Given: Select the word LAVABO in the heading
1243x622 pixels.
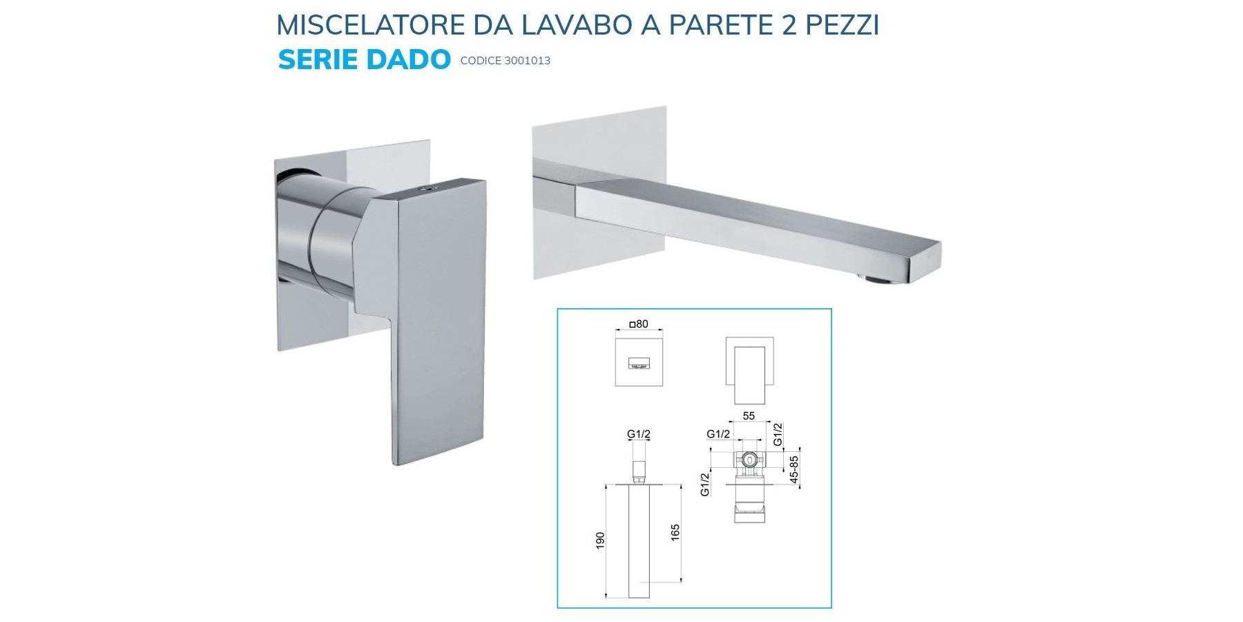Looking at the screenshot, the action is pos(577,25).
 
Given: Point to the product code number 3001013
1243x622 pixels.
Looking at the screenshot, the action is pos(528,61).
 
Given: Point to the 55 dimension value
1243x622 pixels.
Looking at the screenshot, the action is pos(749,416).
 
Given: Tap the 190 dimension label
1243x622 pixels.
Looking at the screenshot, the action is pos(600,540).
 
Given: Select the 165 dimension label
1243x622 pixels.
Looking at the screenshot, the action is pos(675,533).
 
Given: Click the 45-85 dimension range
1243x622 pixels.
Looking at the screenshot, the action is pos(794,469).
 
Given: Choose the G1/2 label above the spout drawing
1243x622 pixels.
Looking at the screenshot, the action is pos(639,434).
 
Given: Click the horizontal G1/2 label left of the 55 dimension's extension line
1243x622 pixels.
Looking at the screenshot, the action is pos(718,434).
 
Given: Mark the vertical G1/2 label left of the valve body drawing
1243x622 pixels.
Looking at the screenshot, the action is pos(705,484).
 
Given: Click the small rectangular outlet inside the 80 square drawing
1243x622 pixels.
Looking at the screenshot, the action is pos(639,364).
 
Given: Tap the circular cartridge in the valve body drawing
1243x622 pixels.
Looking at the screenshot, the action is pos(749,458).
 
